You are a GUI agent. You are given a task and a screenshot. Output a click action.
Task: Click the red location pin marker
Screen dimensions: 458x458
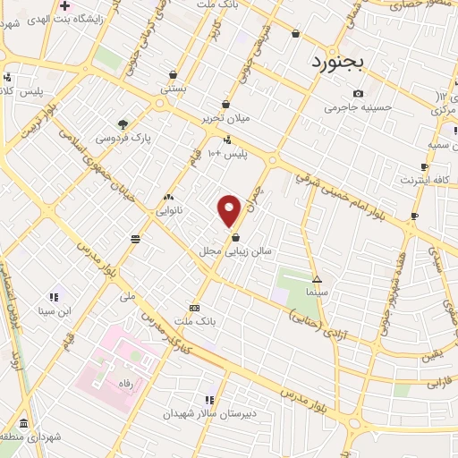pyautogui.click(x=230, y=210)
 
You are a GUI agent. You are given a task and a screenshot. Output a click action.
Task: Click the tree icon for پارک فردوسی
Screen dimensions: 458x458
pyautogui.click(x=122, y=125)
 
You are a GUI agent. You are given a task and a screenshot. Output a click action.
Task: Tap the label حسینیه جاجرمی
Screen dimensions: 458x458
pyautogui.click(x=358, y=108)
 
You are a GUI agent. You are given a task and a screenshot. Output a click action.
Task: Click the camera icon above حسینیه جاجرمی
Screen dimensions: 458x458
pyautogui.click(x=358, y=94)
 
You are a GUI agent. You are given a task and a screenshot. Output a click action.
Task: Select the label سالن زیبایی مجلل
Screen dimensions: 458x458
pyautogui.click(x=234, y=252)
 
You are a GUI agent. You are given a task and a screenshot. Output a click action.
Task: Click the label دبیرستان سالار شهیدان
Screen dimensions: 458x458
pyautogui.click(x=208, y=414)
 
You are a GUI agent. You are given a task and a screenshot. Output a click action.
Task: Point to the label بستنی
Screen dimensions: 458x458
pyautogui.click(x=172, y=89)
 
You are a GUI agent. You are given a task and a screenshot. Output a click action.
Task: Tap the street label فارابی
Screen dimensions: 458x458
pyautogui.click(x=430, y=382)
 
